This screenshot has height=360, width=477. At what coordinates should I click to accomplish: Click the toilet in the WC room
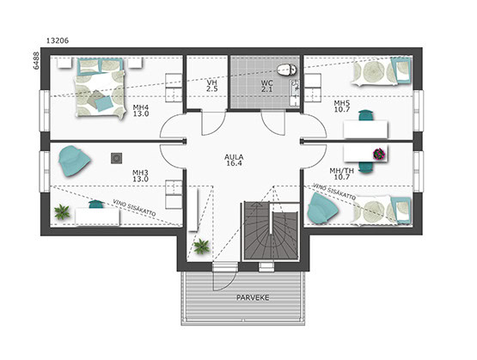point(287,70)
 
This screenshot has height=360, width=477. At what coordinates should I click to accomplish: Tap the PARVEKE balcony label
point(253,297)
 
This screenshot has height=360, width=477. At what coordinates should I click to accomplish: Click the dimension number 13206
point(58,40)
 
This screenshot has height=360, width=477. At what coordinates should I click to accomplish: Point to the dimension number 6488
point(36,61)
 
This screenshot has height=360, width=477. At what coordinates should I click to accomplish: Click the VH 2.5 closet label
point(212,86)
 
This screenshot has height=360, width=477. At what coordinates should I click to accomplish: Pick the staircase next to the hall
point(271,231)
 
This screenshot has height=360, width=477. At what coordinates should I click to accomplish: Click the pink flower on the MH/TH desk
point(379,154)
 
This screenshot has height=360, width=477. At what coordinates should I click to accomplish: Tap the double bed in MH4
point(101,88)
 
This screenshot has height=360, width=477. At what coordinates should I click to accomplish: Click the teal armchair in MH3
point(74,161)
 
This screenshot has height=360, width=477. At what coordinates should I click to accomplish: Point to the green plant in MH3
point(62,212)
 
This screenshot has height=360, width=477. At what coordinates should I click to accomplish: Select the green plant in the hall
point(201,246)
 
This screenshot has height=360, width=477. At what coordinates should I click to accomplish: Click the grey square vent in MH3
point(117,158)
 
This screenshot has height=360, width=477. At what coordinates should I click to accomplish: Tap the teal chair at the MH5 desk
point(366,115)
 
